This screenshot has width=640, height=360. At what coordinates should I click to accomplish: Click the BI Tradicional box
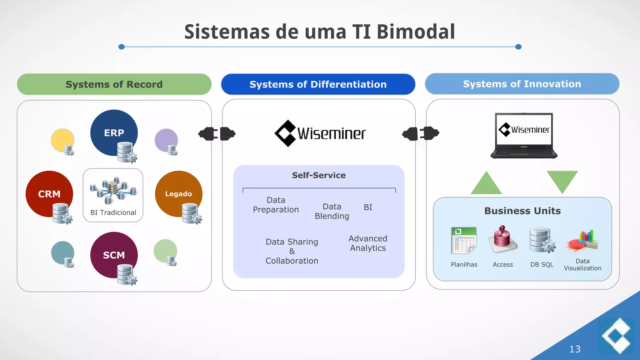(x=113, y=195)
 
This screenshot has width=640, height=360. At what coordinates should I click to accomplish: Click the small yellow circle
(x=62, y=140)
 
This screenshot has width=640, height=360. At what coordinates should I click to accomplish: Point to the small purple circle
(x=166, y=140)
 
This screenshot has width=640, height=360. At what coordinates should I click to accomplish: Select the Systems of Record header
(x=114, y=84)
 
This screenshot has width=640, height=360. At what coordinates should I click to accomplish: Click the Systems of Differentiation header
(x=318, y=84)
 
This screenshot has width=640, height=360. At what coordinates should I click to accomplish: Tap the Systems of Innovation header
(x=522, y=84)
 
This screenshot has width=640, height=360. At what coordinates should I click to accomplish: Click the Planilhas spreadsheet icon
(x=464, y=240)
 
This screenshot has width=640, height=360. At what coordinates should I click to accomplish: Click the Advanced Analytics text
(x=368, y=243)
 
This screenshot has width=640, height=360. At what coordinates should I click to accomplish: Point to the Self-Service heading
(x=319, y=175)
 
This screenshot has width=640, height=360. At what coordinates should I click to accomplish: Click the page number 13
(x=575, y=349)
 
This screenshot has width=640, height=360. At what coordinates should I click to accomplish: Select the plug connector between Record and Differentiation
(x=217, y=134)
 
